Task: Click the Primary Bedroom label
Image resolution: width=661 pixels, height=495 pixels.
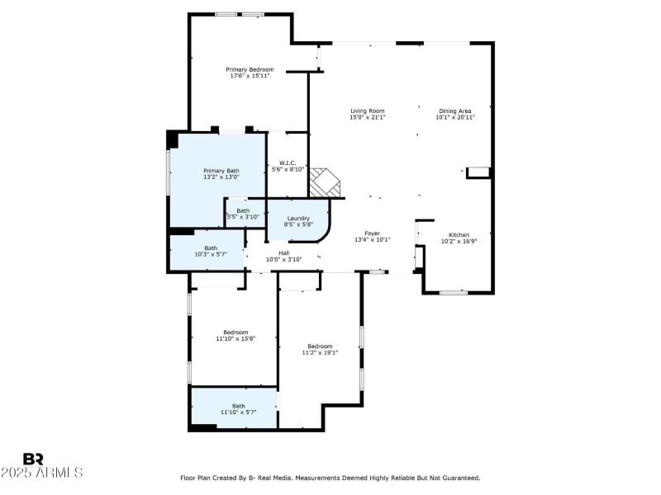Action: (x=250, y=69)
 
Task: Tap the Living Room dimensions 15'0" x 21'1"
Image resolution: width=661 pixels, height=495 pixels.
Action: (x=367, y=117)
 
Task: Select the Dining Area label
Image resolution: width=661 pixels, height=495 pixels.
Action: (x=454, y=111)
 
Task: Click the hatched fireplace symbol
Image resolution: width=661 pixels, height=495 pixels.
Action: (x=326, y=183)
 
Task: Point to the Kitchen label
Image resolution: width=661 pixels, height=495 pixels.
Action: (x=459, y=234)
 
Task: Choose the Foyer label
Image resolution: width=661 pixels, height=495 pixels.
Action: (x=372, y=233)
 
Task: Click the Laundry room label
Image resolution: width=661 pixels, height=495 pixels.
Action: (x=298, y=218)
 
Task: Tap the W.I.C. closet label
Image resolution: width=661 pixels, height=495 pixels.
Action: (x=288, y=163)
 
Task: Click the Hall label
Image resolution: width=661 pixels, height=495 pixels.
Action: (x=283, y=252)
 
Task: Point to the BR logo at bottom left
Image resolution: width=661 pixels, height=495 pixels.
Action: (x=33, y=459)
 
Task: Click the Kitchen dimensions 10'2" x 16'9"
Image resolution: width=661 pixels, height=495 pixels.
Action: (x=459, y=241)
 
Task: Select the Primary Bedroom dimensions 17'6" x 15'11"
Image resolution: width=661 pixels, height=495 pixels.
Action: (x=250, y=76)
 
